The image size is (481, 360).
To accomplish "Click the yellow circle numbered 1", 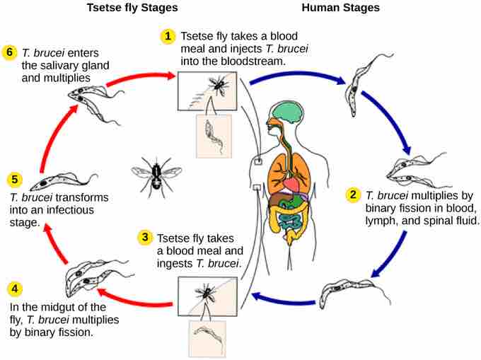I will pyautogui.click(x=168, y=35).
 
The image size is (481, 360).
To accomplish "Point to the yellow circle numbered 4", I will pyautogui.click(x=15, y=289).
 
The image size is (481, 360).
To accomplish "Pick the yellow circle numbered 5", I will pyautogui.click(x=15, y=180).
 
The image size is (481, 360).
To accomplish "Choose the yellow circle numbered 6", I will pyautogui.click(x=9, y=52).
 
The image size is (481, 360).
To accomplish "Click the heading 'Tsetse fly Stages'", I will pyautogui.click(x=132, y=8).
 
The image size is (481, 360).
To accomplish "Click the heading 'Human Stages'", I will pyautogui.click(x=340, y=8).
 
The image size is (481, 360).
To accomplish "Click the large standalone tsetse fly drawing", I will pyautogui.click(x=156, y=172).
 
